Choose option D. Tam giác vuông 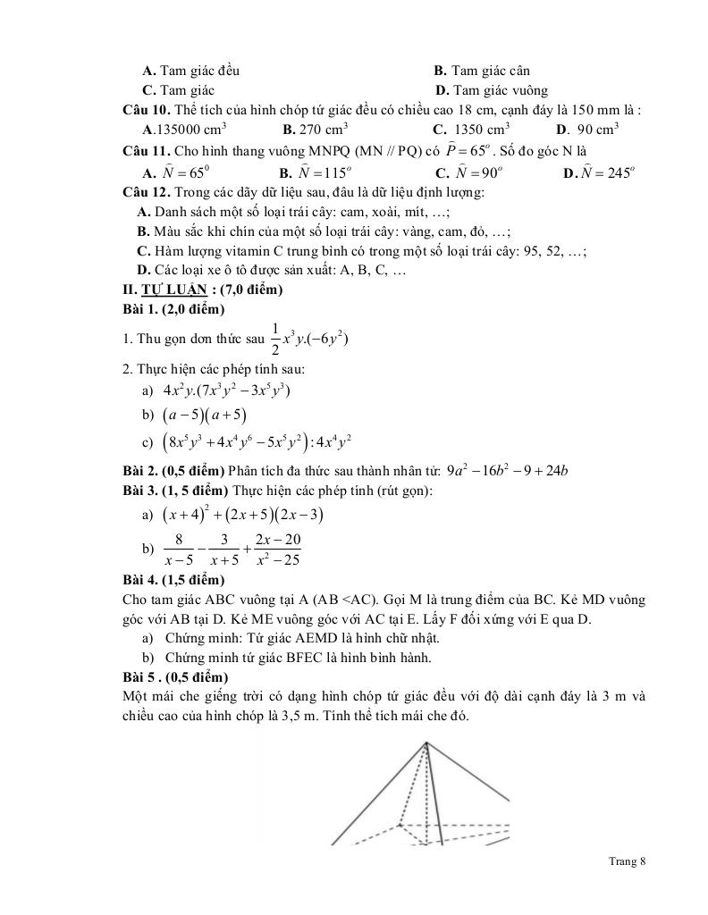tap(491, 90)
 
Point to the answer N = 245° tap(599, 172)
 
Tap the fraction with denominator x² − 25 tap(277, 550)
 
